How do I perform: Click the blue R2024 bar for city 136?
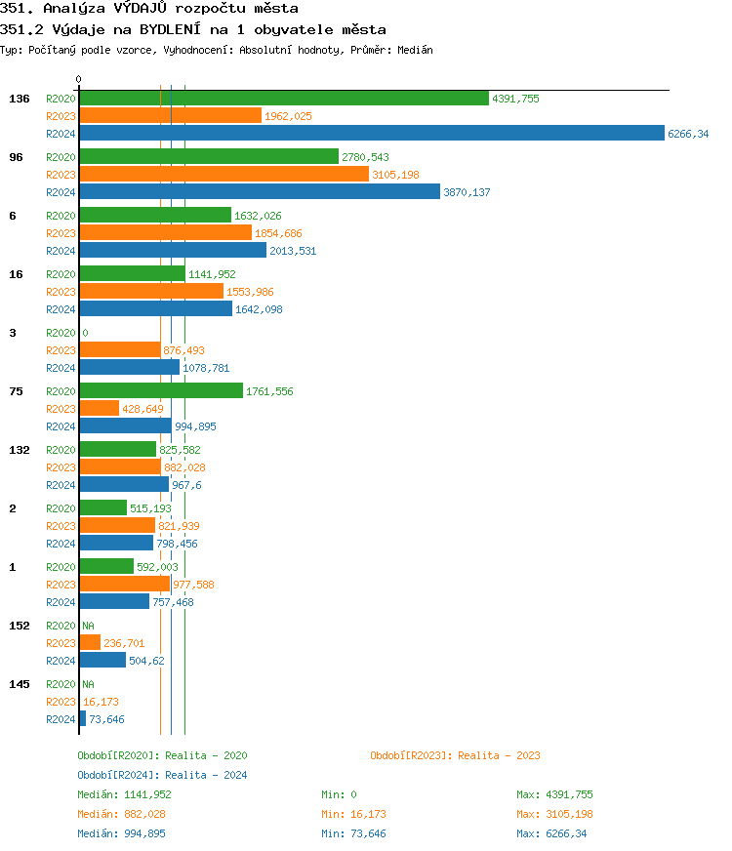(x=371, y=134)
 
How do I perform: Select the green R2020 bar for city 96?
(x=208, y=157)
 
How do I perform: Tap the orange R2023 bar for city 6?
(x=165, y=233)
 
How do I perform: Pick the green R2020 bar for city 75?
(x=160, y=391)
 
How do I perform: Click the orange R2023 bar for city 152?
(x=90, y=643)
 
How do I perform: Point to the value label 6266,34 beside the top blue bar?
(x=688, y=134)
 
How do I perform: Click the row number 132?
(x=20, y=450)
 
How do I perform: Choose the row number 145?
(x=20, y=684)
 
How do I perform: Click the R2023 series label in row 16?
(x=61, y=292)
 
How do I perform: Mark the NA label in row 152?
(x=88, y=626)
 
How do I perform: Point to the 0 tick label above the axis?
(x=79, y=79)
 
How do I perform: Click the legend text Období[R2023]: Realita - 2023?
(x=455, y=755)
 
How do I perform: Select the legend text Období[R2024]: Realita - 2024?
(x=162, y=775)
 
